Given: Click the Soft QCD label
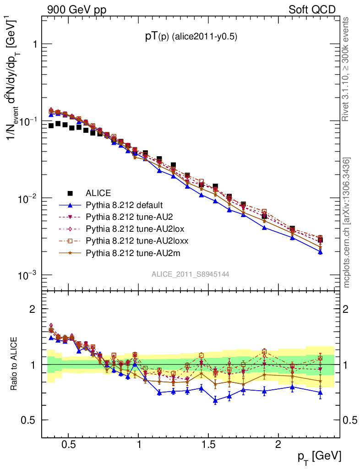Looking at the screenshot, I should point(312,10).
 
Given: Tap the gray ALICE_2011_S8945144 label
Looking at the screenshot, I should point(191,274).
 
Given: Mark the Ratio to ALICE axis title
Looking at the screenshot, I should point(15,365).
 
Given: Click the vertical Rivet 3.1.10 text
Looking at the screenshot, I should point(347,69).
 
